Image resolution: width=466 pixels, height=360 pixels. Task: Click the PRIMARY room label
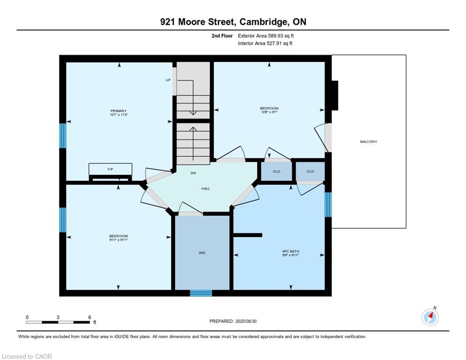tap(119, 111)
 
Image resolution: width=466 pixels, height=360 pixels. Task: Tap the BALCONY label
tap(368, 142)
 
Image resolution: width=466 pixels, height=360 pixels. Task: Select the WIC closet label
tap(202, 253)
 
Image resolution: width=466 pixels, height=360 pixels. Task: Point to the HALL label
tap(206, 188)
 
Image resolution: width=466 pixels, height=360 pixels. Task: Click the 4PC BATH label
tap(291, 251)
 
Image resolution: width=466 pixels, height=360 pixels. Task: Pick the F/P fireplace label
tap(110, 169)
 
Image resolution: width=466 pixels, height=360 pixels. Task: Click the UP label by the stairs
tap(168, 80)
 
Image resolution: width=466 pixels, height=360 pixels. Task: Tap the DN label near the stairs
tap(193, 173)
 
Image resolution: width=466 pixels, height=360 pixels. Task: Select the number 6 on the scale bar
tap(90, 317)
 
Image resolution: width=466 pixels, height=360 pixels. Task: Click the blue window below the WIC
tap(201, 293)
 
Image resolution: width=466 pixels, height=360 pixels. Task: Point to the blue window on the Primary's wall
tap(63, 135)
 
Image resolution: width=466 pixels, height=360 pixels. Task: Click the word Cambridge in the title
tap(263, 22)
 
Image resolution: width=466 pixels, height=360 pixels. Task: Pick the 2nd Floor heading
tap(222, 36)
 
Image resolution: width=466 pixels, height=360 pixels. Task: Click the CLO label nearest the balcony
tap(310, 172)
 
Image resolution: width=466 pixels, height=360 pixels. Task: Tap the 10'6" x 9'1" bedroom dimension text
tap(269, 112)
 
